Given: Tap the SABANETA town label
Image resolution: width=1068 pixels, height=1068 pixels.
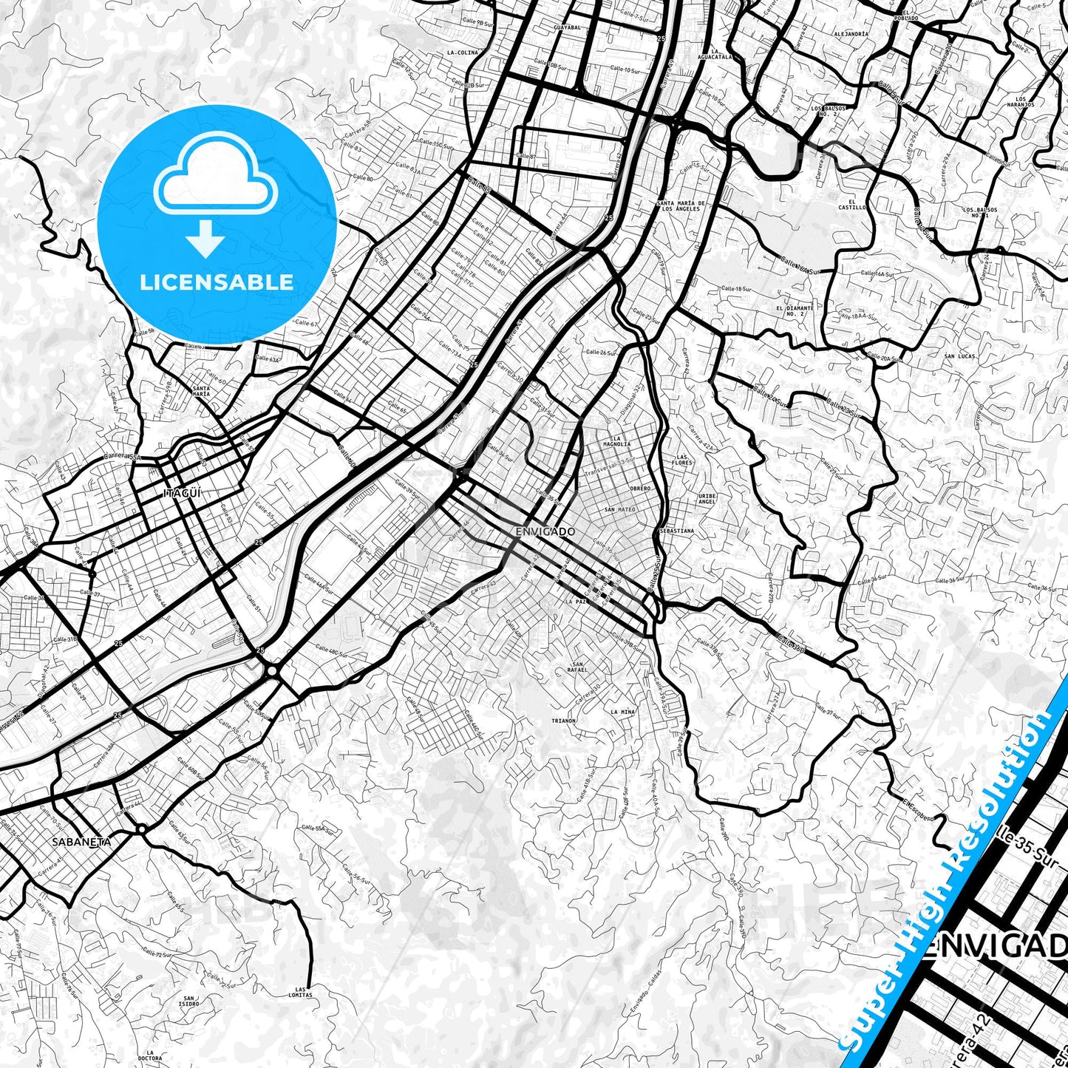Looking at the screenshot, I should (x=81, y=841).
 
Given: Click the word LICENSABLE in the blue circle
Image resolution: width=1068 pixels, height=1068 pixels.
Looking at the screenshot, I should (x=217, y=282).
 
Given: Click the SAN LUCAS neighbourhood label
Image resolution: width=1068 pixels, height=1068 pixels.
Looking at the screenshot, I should (x=959, y=356).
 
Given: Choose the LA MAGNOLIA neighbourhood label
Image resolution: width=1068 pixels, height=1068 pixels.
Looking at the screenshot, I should (x=620, y=441).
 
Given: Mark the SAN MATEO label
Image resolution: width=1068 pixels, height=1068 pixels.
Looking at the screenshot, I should (x=619, y=509).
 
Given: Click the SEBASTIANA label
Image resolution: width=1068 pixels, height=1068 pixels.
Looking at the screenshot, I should (x=676, y=531).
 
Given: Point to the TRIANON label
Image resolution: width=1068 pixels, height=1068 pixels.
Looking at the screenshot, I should (x=563, y=720).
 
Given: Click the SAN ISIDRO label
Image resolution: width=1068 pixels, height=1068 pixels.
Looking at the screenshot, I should (x=188, y=1001).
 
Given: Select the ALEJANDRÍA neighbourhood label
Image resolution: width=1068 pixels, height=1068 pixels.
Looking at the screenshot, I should (x=850, y=34).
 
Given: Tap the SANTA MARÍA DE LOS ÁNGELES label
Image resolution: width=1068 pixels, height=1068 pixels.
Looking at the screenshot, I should (x=681, y=205).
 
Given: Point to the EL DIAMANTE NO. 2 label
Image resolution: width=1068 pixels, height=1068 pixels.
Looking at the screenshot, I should (x=795, y=310).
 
